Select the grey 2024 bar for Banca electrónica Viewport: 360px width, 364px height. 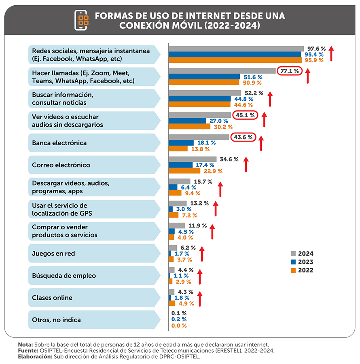[x=199, y=137]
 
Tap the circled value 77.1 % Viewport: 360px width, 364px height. [x=290, y=71]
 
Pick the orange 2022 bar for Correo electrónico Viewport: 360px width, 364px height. [x=184, y=171]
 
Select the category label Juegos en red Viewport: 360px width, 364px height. [x=53, y=254]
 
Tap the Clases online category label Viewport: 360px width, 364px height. [x=52, y=298]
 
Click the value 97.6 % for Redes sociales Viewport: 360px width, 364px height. [x=316, y=49]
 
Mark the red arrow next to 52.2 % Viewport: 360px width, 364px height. [x=270, y=98]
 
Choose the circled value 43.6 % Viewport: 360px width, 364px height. [x=243, y=137]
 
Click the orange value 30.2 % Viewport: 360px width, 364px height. [x=222, y=127]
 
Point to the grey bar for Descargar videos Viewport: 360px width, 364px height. [x=179, y=181]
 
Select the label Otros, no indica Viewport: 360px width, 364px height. [x=56, y=320]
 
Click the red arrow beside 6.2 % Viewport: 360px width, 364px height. [x=202, y=254]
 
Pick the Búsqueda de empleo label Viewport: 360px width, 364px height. [x=64, y=276]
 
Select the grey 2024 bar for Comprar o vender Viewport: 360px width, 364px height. [x=176, y=225]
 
